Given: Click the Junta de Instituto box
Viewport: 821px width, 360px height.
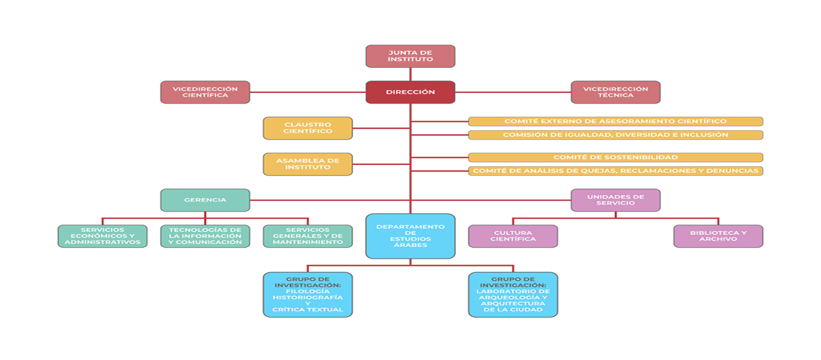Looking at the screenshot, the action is [x=410, y=56].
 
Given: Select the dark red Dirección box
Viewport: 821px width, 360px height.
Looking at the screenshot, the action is [x=410, y=92].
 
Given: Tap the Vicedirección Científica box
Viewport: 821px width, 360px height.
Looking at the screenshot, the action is [x=205, y=92].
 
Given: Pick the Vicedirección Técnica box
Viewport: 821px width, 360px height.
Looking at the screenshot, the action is [x=616, y=92].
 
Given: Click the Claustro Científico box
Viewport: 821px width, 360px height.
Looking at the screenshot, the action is [x=308, y=128].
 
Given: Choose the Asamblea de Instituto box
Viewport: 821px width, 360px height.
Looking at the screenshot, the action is [x=308, y=163].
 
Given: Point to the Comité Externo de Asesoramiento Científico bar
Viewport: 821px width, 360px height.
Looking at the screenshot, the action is [x=616, y=122].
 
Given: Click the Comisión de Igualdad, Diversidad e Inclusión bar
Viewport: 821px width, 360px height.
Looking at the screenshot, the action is [x=616, y=135].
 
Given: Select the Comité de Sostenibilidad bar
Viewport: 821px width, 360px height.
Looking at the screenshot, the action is [x=616, y=158].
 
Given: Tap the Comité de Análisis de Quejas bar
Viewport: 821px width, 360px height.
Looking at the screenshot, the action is [x=616, y=171].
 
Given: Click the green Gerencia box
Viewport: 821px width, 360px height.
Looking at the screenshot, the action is [x=205, y=200].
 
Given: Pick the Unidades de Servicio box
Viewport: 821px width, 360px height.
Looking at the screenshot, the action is [x=616, y=200].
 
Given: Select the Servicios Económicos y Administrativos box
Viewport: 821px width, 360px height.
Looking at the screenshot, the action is [x=102, y=236].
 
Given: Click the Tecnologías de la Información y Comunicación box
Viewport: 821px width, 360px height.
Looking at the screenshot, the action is [x=205, y=236].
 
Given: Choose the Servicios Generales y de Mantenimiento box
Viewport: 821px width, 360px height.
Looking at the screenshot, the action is [x=308, y=236].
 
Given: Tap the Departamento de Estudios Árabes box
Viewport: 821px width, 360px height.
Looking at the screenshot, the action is [x=410, y=236].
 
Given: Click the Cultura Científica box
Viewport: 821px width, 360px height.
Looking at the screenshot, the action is [x=513, y=236].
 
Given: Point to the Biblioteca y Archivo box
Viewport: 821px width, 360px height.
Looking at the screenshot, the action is [x=719, y=236].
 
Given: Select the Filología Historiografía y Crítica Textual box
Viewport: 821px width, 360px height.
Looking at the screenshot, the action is [x=308, y=294].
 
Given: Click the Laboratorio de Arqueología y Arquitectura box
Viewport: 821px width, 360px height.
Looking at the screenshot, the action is [x=513, y=294].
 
